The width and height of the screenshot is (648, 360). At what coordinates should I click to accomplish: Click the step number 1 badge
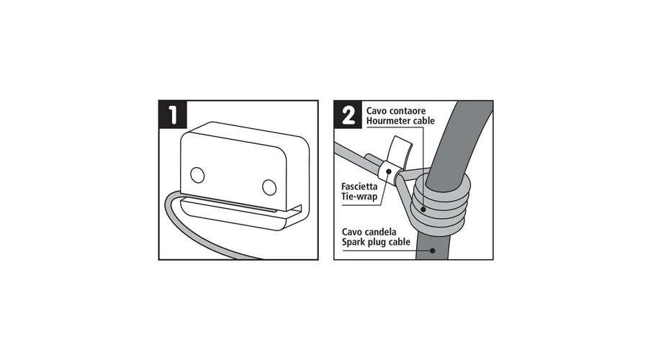(173, 114)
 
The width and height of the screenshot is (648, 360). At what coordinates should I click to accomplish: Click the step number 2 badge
(348, 114)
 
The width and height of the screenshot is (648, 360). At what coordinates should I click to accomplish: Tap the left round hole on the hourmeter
(197, 175)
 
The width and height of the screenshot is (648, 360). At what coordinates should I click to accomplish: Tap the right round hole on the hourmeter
(269, 187)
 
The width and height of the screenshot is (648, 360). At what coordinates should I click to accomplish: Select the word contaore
(408, 111)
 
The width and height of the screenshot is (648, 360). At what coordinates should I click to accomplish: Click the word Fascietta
(359, 186)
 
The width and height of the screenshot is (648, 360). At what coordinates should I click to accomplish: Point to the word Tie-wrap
(359, 197)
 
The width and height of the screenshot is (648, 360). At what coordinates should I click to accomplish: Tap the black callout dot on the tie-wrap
(389, 171)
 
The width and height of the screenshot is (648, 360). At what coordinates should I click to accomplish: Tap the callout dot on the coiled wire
(423, 209)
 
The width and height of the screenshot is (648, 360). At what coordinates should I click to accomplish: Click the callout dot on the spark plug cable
(432, 251)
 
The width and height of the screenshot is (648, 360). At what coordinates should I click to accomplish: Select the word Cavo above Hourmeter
(377, 111)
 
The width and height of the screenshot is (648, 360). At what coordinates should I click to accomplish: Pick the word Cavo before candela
(352, 232)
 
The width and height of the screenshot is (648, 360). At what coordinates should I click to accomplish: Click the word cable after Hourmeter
(423, 121)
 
